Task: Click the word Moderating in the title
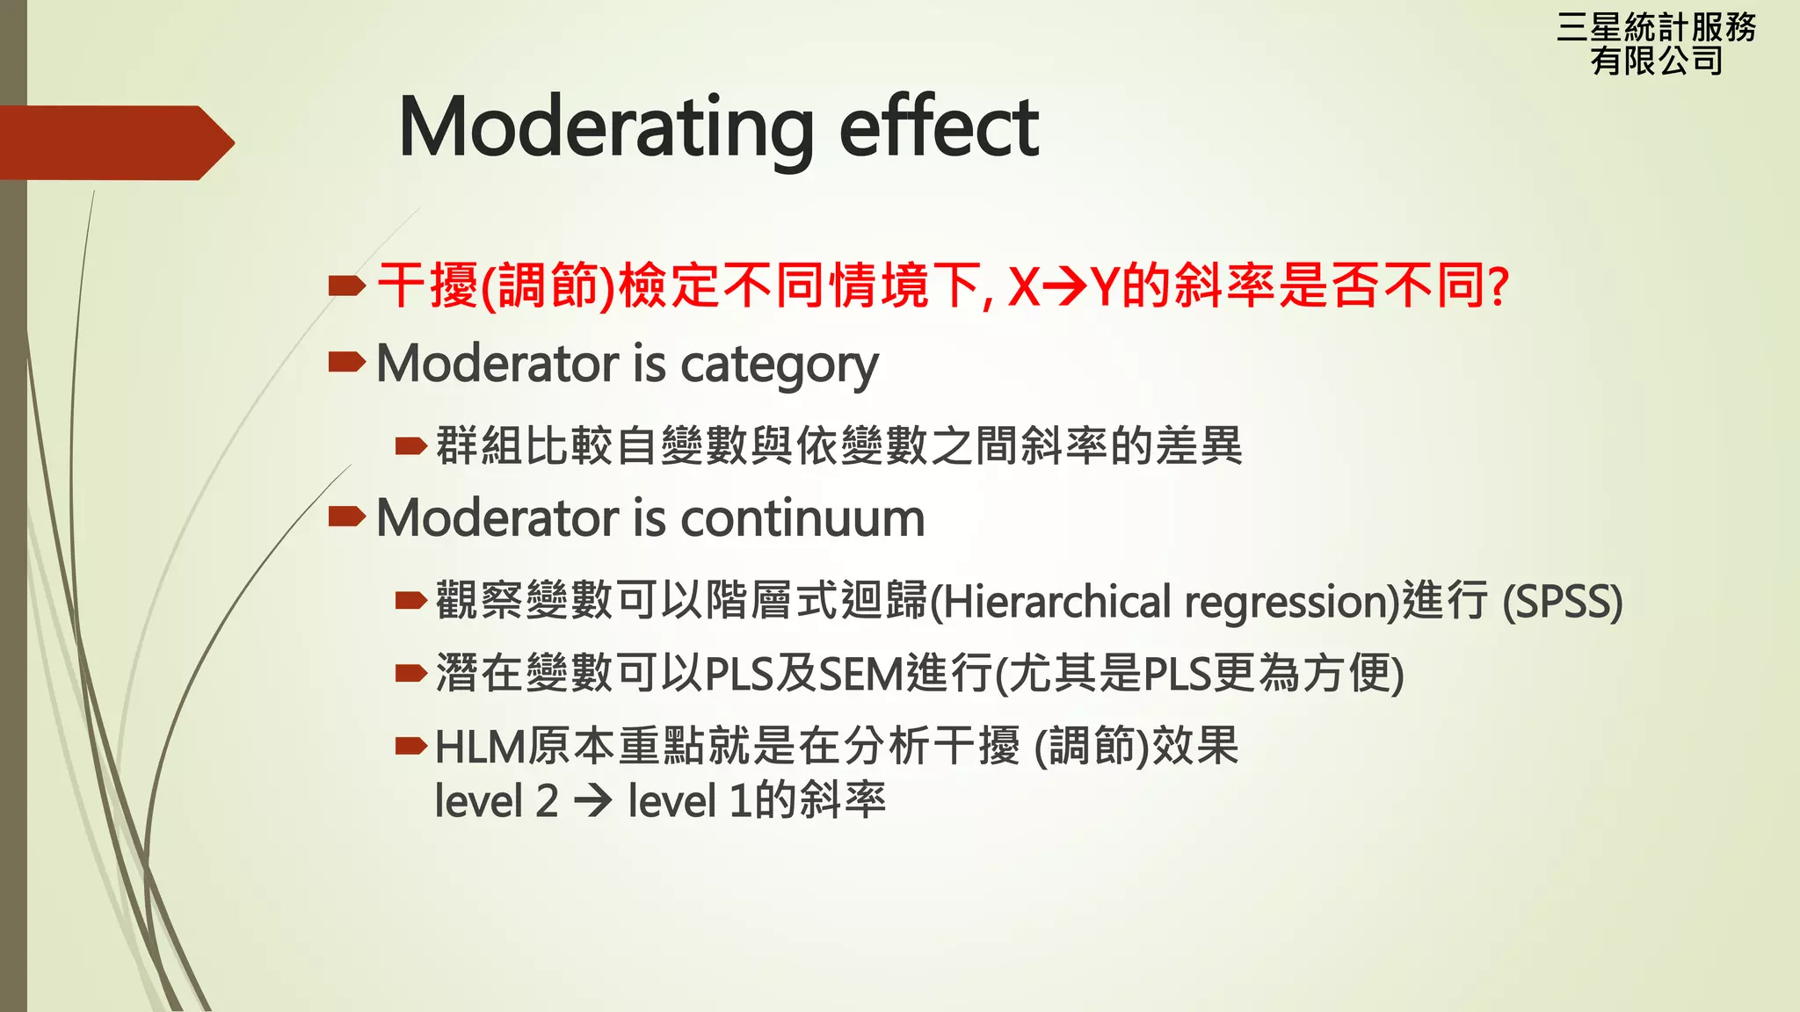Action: pyautogui.click(x=606, y=128)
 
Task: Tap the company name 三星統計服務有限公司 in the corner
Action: pyautogui.click(x=1656, y=44)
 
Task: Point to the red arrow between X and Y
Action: pyautogui.click(x=1064, y=286)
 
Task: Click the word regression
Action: pyautogui.click(x=1284, y=603)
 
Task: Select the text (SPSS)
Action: pyautogui.click(x=1562, y=603)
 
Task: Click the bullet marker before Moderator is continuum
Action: pyautogui.click(x=346, y=517)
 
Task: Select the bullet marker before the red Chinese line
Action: pyautogui.click(x=346, y=285)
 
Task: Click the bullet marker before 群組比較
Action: pyautogui.click(x=410, y=446)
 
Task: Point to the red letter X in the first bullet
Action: pyautogui.click(x=1023, y=286)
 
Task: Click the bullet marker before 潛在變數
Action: pyautogui.click(x=410, y=674)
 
